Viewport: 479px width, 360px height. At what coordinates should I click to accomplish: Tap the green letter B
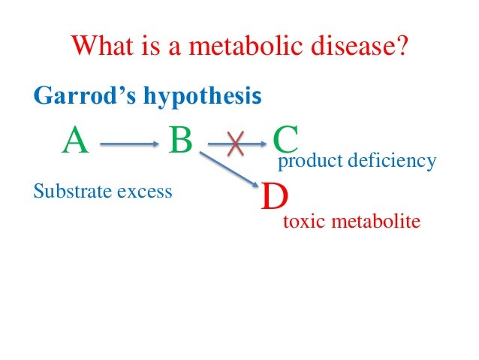pos(181,140)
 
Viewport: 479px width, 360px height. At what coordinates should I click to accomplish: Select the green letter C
pos(286,140)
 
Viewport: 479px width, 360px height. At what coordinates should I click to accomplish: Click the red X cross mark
pos(235,143)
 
